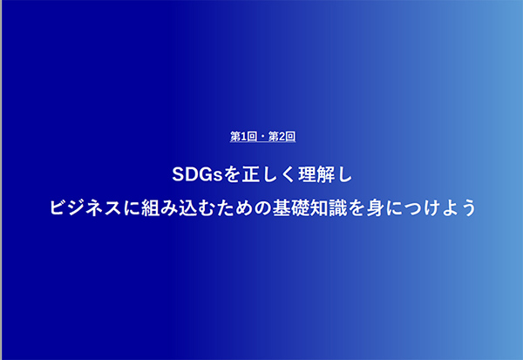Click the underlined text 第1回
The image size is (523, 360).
click(243, 137)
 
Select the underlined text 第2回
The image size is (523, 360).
click(282, 137)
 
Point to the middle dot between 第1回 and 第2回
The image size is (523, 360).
click(263, 137)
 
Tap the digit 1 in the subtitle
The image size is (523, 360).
click(243, 137)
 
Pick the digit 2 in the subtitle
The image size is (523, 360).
click(282, 137)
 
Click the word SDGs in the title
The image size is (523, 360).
click(197, 174)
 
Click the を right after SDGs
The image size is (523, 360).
click(231, 174)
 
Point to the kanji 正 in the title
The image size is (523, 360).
click(250, 174)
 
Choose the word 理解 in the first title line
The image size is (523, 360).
click(316, 174)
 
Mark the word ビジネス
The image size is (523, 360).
click(85, 207)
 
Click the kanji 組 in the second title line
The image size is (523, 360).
click(151, 207)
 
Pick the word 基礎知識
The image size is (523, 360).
click(309, 207)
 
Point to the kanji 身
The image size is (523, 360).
click(375, 207)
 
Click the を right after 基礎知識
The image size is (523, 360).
click(357, 207)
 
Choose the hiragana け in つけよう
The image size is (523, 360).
click(431, 207)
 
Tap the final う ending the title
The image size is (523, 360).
click(468, 207)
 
